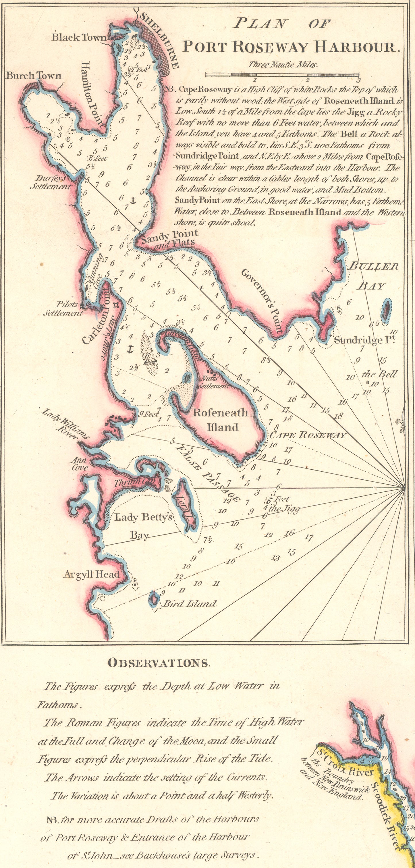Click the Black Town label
tap(78, 37)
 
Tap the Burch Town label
tap(34, 76)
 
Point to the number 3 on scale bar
tap(359, 80)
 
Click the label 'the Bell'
tap(379, 374)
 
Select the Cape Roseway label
tap(308, 435)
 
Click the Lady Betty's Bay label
tap(143, 525)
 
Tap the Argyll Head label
tap(91, 574)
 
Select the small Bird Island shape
tap(154, 599)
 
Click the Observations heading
tap(159, 663)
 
